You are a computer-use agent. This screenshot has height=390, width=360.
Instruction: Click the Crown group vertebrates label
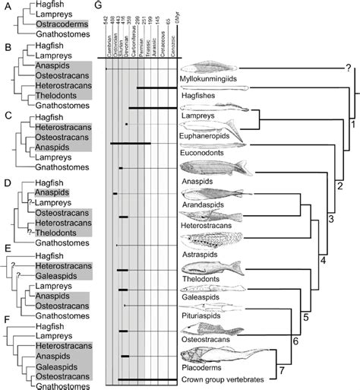219,379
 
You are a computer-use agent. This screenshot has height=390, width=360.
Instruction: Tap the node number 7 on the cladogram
325,371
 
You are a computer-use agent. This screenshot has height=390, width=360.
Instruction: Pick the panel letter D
6,182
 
